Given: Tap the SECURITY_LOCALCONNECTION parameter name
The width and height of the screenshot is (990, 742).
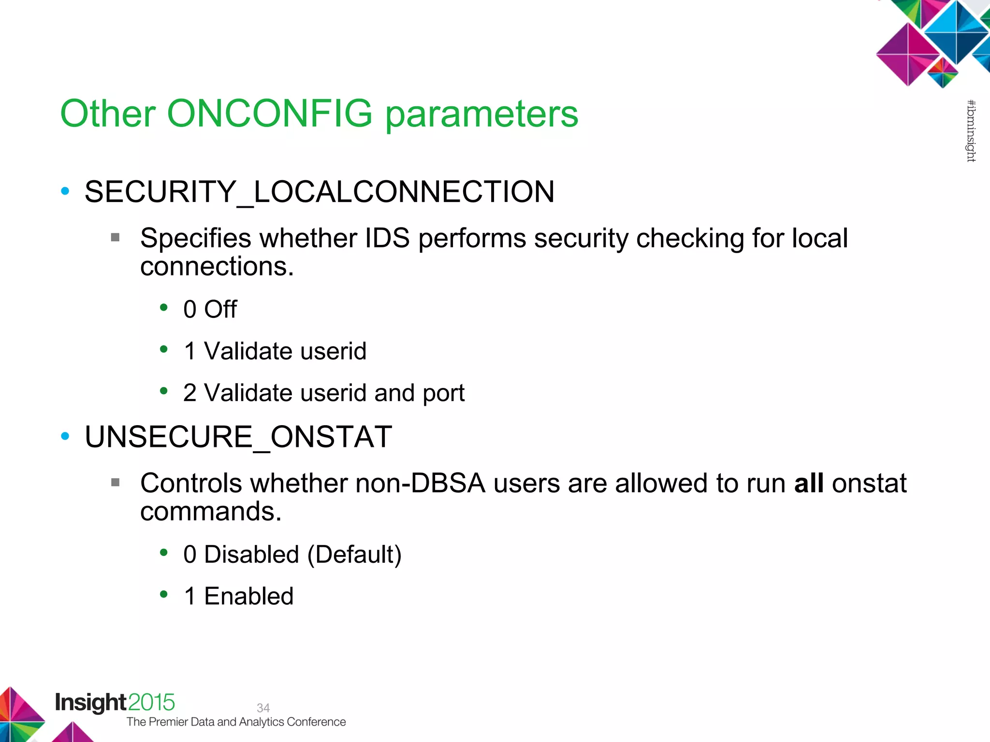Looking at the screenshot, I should click(x=319, y=192).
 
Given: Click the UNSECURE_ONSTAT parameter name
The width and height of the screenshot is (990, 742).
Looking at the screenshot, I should click(x=238, y=437).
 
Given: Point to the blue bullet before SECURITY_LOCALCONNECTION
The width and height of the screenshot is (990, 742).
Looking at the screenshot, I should click(x=65, y=191).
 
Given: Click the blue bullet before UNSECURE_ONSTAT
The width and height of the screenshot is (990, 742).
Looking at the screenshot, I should click(x=65, y=437).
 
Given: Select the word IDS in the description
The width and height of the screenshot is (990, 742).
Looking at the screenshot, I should click(x=387, y=238).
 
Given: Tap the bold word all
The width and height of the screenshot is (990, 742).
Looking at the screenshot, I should click(x=809, y=483).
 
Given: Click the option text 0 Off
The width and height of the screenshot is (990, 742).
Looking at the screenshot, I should click(x=210, y=309).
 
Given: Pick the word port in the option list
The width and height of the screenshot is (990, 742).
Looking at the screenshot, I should click(x=443, y=393).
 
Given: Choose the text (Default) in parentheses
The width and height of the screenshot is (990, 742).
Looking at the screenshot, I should click(x=354, y=555).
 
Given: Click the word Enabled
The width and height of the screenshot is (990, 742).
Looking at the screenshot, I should click(x=248, y=596).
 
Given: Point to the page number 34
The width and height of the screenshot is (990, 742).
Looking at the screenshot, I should click(x=263, y=708).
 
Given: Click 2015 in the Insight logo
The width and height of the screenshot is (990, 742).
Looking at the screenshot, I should click(x=151, y=702).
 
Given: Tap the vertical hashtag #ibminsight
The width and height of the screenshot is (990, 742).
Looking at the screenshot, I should click(x=971, y=130).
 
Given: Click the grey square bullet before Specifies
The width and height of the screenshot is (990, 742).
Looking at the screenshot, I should click(x=115, y=237).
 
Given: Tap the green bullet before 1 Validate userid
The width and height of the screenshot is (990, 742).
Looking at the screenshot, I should click(x=164, y=349).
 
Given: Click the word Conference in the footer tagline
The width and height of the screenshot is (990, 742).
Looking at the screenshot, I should click(x=316, y=722).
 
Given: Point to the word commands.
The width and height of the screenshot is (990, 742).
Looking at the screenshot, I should click(x=210, y=511).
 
